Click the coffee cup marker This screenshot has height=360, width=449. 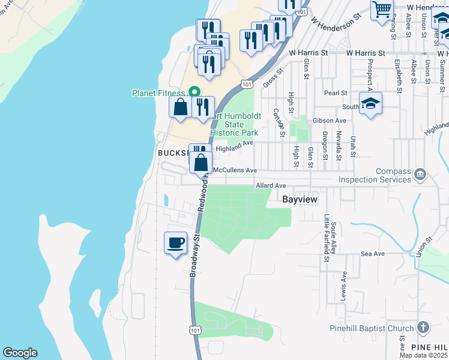[175, 243]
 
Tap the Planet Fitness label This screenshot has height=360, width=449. [159, 93]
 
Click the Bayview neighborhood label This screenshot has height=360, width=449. [300, 198]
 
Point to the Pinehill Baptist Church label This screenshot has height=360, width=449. [372, 328]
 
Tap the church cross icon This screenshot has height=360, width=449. [423, 328]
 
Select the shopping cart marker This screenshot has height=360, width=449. [382, 10]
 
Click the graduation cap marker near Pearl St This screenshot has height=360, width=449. [370, 103]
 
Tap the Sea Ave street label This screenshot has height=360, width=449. [372, 254]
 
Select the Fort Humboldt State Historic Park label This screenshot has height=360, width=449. [234, 124]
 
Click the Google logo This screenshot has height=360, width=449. [20, 353]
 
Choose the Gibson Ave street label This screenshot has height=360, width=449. [326, 121]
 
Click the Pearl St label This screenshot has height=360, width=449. [336, 93]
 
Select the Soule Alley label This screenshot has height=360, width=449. [333, 234]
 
